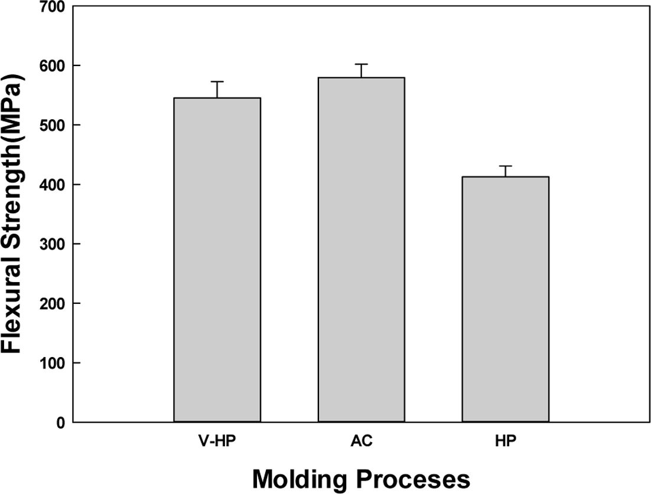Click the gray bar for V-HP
(x=217, y=260)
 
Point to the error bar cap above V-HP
(x=217, y=81)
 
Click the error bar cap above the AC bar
(x=361, y=64)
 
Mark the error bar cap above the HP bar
(x=505, y=166)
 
